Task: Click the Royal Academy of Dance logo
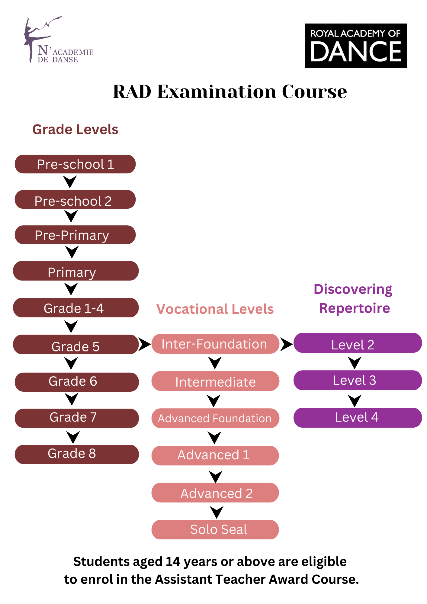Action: (356, 46)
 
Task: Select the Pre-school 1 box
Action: (75, 164)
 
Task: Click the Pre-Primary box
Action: (75, 235)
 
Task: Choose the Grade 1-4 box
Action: (76, 308)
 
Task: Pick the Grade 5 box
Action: (76, 345)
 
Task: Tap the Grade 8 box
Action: (77, 454)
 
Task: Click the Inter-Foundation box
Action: (215, 344)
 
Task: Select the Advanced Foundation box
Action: (215, 418)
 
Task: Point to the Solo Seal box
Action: (215, 529)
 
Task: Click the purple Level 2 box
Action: (358, 343)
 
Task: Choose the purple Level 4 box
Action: (358, 418)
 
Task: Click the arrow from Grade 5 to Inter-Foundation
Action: (144, 344)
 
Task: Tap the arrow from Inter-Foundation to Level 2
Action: (286, 344)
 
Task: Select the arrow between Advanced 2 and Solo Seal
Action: (217, 512)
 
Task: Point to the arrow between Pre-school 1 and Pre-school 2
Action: (70, 182)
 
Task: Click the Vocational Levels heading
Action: (215, 309)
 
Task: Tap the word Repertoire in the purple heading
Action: (355, 308)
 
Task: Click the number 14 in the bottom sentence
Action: (173, 562)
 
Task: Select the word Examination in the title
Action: (217, 92)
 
